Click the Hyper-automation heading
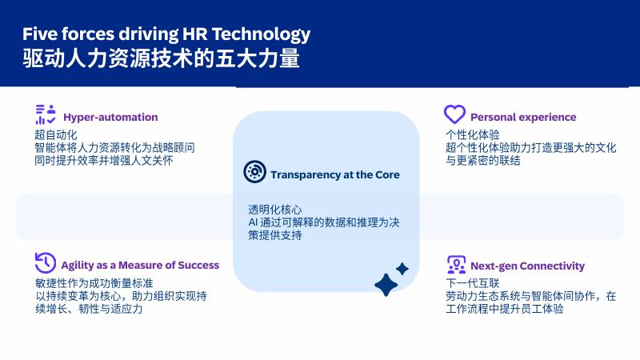pyautogui.click(x=110, y=117)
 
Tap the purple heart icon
pyautogui.click(x=454, y=114)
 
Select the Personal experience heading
pyautogui.click(x=523, y=117)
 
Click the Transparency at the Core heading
pyautogui.click(x=334, y=174)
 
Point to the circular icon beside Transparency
pyautogui.click(x=254, y=172)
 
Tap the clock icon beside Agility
pyautogui.click(x=45, y=262)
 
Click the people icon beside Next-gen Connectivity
pyautogui.click(x=456, y=264)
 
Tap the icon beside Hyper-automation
pyautogui.click(x=44, y=114)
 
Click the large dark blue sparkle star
pyautogui.click(x=387, y=284)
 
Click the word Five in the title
pyautogui.click(x=40, y=34)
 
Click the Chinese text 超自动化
pyautogui.click(x=55, y=135)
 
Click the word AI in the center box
pyautogui.click(x=253, y=222)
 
